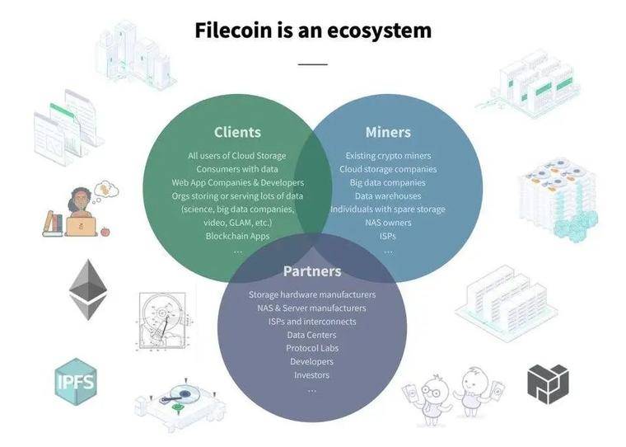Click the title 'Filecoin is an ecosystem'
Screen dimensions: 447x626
point(313,31)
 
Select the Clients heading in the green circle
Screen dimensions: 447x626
point(237,132)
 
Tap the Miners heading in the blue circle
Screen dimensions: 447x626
point(388,132)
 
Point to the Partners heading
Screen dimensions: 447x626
point(312,271)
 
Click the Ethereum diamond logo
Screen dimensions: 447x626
point(88,289)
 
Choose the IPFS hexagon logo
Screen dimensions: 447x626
point(76,382)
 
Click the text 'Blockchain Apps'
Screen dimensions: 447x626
point(237,236)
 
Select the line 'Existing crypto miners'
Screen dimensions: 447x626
point(388,156)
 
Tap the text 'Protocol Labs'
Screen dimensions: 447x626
point(312,348)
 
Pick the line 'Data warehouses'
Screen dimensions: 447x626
point(388,195)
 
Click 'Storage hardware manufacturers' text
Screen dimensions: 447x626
point(312,294)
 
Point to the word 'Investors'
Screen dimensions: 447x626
point(312,374)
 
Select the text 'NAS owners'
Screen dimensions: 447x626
point(388,223)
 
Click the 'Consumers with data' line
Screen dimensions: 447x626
point(237,169)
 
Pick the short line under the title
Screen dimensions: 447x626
point(313,64)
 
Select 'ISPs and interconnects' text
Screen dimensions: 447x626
point(312,322)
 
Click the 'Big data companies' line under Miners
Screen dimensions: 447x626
point(388,182)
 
